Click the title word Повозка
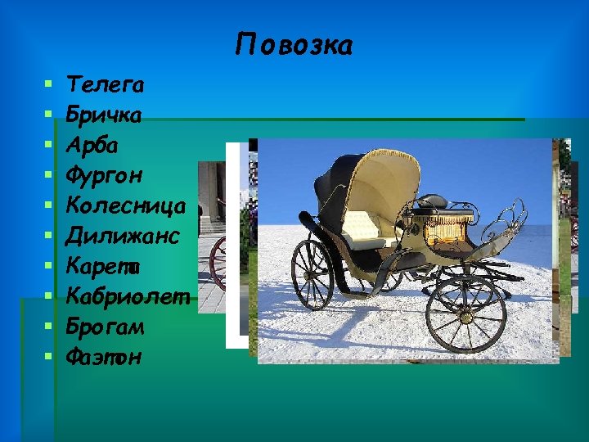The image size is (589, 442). point(294,45)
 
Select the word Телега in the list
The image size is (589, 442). point(106,84)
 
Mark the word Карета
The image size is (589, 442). point(105,266)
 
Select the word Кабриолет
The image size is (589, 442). point(128,295)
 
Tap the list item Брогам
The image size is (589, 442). point(106,326)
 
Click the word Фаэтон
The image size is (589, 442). point(105,356)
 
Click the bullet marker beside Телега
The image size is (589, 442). point(50,84)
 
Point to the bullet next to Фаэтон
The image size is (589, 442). point(50,356)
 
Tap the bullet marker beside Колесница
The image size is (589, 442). point(50,205)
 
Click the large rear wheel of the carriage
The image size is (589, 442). point(312,274)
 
